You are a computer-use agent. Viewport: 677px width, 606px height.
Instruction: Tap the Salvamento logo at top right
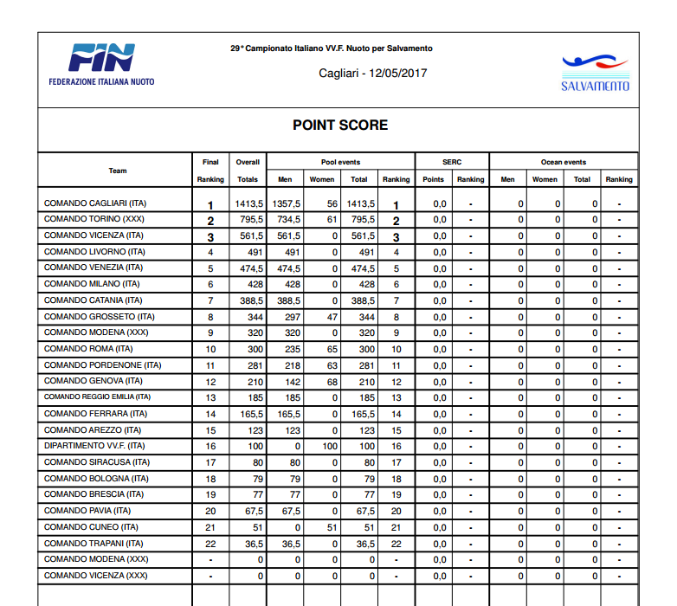pyautogui.click(x=595, y=73)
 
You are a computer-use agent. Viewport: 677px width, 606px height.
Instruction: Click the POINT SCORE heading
pyautogui.click(x=339, y=126)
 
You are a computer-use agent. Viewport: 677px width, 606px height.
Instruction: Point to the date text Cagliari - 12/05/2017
pyautogui.click(x=372, y=73)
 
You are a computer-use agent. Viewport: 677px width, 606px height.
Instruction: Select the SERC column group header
pyautogui.click(x=452, y=162)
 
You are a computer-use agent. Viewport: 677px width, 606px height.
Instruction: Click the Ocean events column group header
pyautogui.click(x=564, y=162)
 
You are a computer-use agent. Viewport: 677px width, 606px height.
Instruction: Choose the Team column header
pyautogui.click(x=118, y=171)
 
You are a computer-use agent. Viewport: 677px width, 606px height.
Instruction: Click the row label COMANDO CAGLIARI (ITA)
pyautogui.click(x=95, y=203)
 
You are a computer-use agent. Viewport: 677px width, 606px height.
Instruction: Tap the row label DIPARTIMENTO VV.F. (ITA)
pyautogui.click(x=95, y=446)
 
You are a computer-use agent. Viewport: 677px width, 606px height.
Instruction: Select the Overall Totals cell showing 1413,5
pyautogui.click(x=248, y=203)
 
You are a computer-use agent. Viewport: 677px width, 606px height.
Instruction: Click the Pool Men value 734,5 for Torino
pyautogui.click(x=287, y=220)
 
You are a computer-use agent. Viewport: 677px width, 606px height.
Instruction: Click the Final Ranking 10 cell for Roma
pyautogui.click(x=210, y=349)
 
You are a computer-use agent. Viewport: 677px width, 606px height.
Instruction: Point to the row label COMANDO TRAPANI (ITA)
pyautogui.click(x=93, y=543)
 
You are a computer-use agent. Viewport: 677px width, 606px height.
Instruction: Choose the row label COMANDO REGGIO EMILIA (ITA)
pyautogui.click(x=97, y=397)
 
